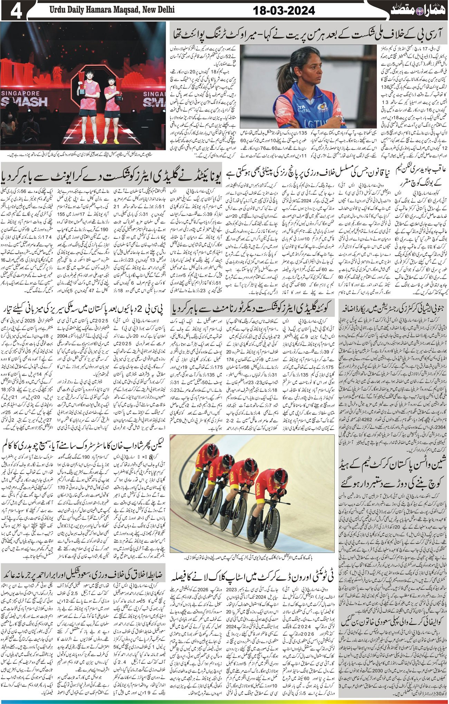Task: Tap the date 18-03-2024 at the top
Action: click(284, 11)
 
